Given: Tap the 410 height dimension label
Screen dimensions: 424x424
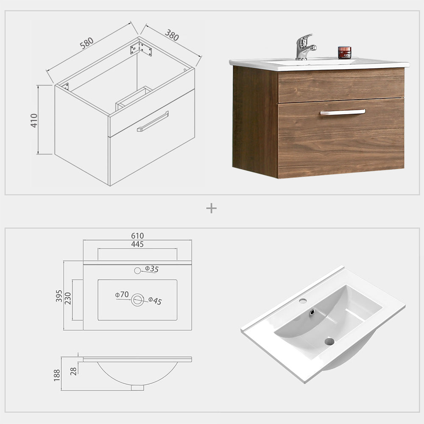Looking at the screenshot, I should (34, 120).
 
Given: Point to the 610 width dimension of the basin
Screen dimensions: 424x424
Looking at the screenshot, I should (137, 236).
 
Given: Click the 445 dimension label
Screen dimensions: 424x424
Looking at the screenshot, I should (137, 244).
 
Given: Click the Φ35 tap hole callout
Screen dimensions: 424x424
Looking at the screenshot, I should (151, 269).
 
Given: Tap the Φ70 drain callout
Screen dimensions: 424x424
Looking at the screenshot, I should (122, 294).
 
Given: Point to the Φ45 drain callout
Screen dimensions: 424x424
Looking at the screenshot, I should (155, 301).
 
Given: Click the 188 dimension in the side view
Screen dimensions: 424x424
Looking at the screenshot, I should (57, 374).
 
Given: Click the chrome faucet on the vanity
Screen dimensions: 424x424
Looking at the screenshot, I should (305, 47).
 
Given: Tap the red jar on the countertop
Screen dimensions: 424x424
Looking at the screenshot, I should (345, 53).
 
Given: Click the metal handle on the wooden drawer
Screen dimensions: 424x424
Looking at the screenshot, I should (343, 112).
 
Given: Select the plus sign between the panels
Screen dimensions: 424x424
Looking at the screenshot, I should (211, 208).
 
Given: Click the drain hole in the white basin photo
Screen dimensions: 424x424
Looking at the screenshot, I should (329, 340).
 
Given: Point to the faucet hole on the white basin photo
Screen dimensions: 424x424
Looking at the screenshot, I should (303, 301).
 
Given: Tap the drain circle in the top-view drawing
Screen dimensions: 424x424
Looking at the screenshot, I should (137, 300).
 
